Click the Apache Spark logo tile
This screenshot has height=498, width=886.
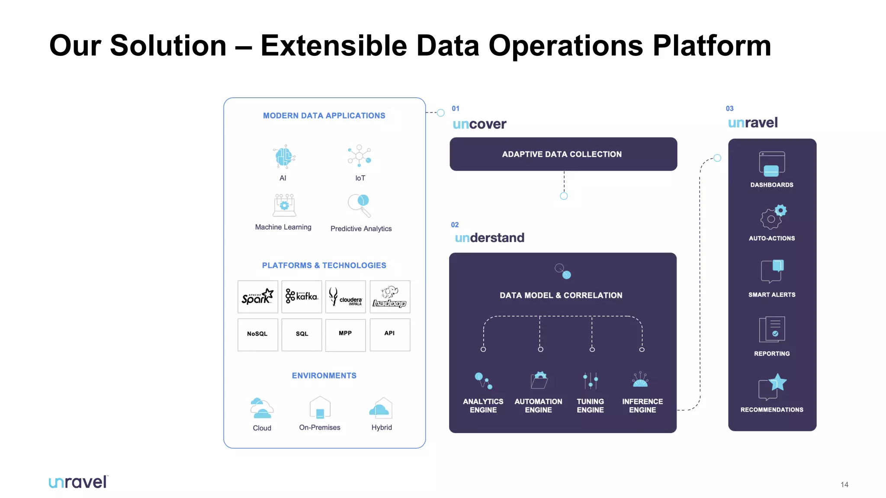pyautogui.click(x=258, y=297)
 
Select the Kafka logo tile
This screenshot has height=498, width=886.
pyautogui.click(x=302, y=297)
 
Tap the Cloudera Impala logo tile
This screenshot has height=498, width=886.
pyautogui.click(x=345, y=297)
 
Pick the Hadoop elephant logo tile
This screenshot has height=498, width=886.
pyautogui.click(x=390, y=297)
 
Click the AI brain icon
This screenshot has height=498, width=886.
pyautogui.click(x=284, y=156)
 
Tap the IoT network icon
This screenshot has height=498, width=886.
pyautogui.click(x=360, y=156)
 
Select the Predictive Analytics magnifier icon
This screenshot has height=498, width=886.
pyautogui.click(x=360, y=205)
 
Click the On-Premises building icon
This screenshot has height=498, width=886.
pyautogui.click(x=320, y=408)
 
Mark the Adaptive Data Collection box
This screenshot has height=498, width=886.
pyautogui.click(x=563, y=154)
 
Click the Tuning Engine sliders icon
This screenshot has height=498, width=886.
pyautogui.click(x=591, y=381)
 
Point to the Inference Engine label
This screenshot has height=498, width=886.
pyautogui.click(x=642, y=405)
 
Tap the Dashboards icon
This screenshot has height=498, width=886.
pyautogui.click(x=772, y=164)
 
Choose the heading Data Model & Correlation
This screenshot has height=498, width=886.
pyautogui.click(x=561, y=295)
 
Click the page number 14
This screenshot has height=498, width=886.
pyautogui.click(x=844, y=485)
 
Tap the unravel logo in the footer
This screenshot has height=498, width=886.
pyautogui.click(x=78, y=482)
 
